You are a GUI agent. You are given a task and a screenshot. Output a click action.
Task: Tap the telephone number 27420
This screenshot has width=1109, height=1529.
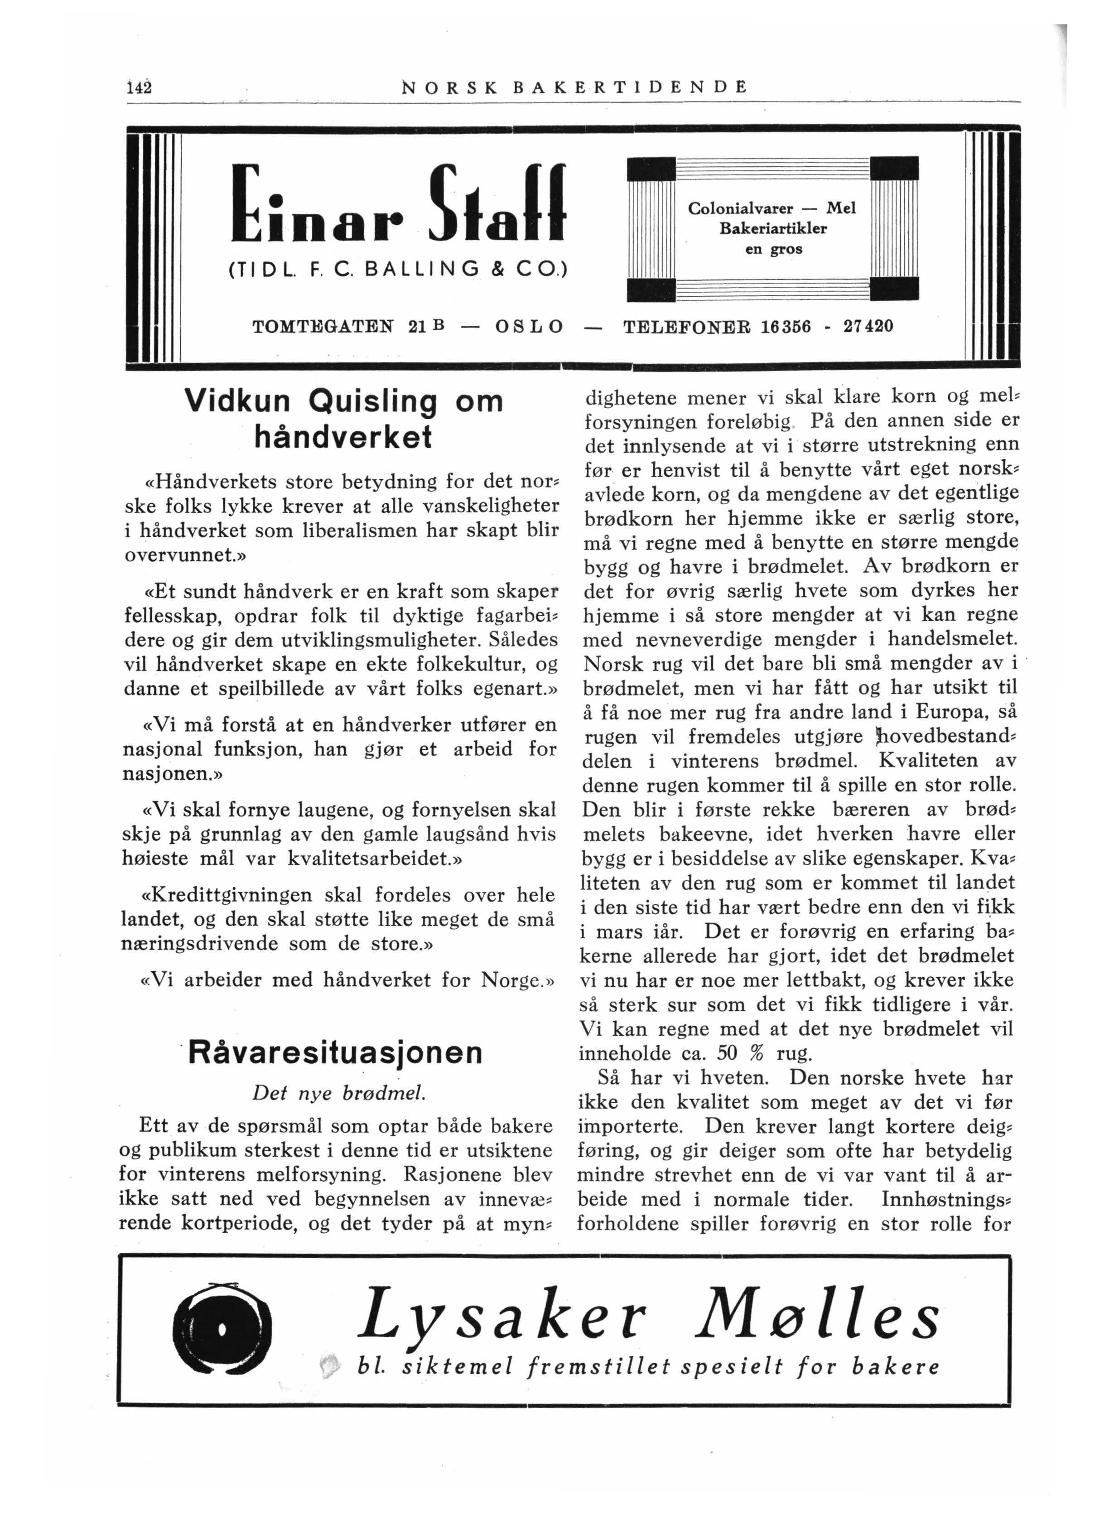coord(868,326)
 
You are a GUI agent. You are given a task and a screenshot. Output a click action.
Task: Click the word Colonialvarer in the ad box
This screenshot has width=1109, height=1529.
coord(740,209)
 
